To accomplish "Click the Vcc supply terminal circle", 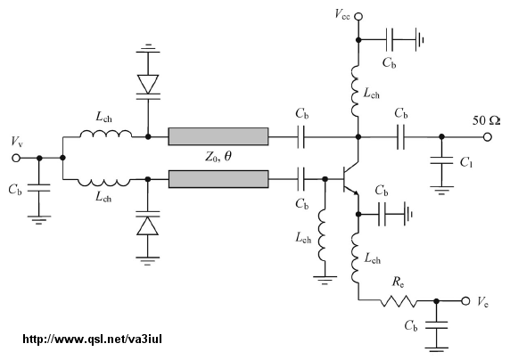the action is tap(358, 16).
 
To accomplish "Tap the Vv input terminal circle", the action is tap(16, 158).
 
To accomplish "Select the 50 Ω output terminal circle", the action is tap(487, 137).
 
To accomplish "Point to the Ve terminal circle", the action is tap(465, 301).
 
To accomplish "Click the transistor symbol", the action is tap(350, 179).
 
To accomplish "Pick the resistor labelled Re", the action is tap(399, 301).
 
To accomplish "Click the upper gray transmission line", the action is tap(218, 136).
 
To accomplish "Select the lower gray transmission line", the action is tap(218, 179).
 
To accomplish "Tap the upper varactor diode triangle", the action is tap(148, 85).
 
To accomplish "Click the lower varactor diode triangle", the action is tap(148, 225).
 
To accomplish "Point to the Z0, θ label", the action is tap(218, 158).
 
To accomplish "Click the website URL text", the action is tap(93, 340).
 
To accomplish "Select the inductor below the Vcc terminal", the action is tap(355, 92).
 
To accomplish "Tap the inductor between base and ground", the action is tap(321, 234).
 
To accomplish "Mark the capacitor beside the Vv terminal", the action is tap(38, 188).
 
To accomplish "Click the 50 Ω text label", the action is tap(486, 120).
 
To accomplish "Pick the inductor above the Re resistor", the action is tap(355, 258).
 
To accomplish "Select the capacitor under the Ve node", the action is tap(437, 325).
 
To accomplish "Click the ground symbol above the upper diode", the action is tap(148, 48).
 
